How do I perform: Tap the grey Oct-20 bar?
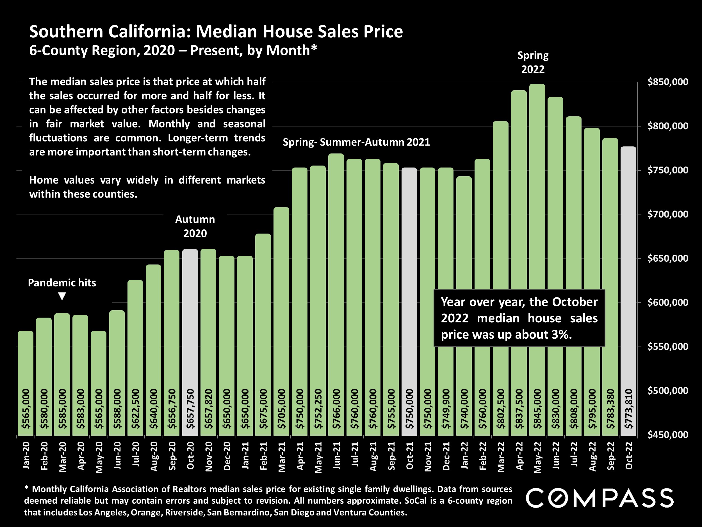(190, 318)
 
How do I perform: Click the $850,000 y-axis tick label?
(668, 82)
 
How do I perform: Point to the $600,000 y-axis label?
(668, 302)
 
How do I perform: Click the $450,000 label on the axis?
(668, 434)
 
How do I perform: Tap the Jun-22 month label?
(556, 456)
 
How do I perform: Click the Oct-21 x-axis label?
(410, 456)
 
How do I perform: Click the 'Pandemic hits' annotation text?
(62, 283)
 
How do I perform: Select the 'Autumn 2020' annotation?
(195, 226)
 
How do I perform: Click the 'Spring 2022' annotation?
(533, 62)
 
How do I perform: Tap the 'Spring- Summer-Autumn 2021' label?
(356, 142)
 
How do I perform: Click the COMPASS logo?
(600, 498)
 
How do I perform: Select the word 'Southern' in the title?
(66, 32)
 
